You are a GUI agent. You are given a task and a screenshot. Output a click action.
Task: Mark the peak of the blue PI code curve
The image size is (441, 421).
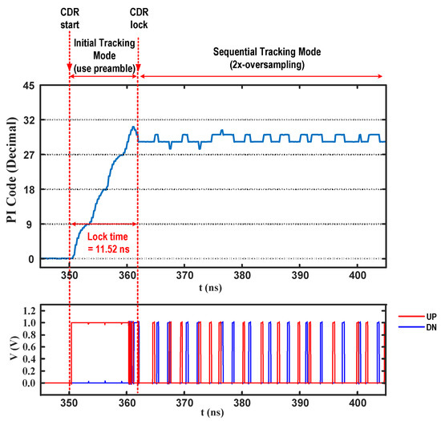click(134, 126)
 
